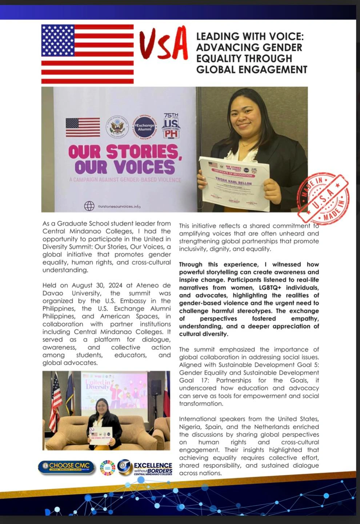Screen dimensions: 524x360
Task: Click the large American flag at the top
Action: coord(87,54)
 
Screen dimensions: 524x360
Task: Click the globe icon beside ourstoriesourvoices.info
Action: coord(89,206)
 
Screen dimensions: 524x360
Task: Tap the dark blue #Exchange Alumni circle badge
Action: coord(145,127)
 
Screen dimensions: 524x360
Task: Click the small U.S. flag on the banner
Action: coord(83,127)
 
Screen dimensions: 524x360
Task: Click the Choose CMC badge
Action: coord(66,467)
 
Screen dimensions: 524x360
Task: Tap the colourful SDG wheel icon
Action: coord(107,468)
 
